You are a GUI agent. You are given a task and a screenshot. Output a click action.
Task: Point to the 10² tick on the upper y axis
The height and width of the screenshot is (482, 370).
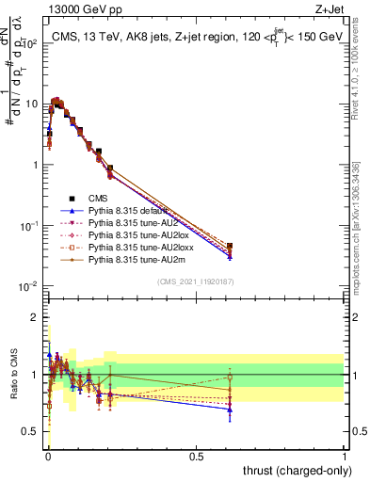coord(30,43)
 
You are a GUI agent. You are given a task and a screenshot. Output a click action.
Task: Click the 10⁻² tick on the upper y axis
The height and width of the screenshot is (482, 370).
coord(30,285)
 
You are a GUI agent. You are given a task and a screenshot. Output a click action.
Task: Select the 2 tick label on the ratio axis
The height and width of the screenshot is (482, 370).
coord(35,317)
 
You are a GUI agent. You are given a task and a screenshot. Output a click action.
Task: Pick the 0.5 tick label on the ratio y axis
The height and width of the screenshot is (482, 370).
coord(32,432)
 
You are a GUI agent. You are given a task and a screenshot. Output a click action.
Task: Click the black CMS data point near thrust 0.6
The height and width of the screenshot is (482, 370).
coord(230,246)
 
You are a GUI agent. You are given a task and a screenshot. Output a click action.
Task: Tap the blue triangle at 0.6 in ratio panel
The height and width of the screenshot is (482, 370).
coord(230,410)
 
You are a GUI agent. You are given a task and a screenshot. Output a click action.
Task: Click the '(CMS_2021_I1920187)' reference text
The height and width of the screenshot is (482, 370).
coord(195,282)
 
